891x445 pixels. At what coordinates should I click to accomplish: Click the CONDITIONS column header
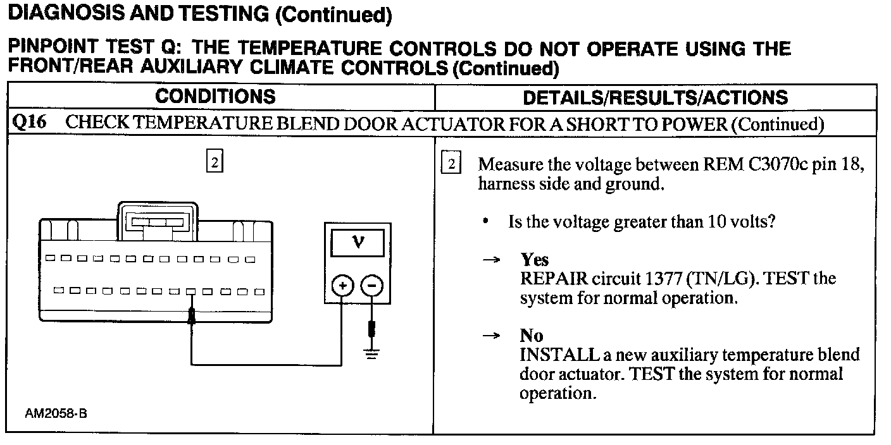215,97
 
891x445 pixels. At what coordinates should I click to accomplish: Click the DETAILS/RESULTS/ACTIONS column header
655,97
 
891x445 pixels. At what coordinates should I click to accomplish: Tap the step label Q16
30,123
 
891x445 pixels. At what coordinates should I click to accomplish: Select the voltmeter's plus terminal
342,286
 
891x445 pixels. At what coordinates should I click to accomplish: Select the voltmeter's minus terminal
372,286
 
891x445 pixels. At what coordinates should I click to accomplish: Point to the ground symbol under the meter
372,355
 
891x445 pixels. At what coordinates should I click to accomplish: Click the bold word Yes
534,260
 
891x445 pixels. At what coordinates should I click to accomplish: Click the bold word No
532,336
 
